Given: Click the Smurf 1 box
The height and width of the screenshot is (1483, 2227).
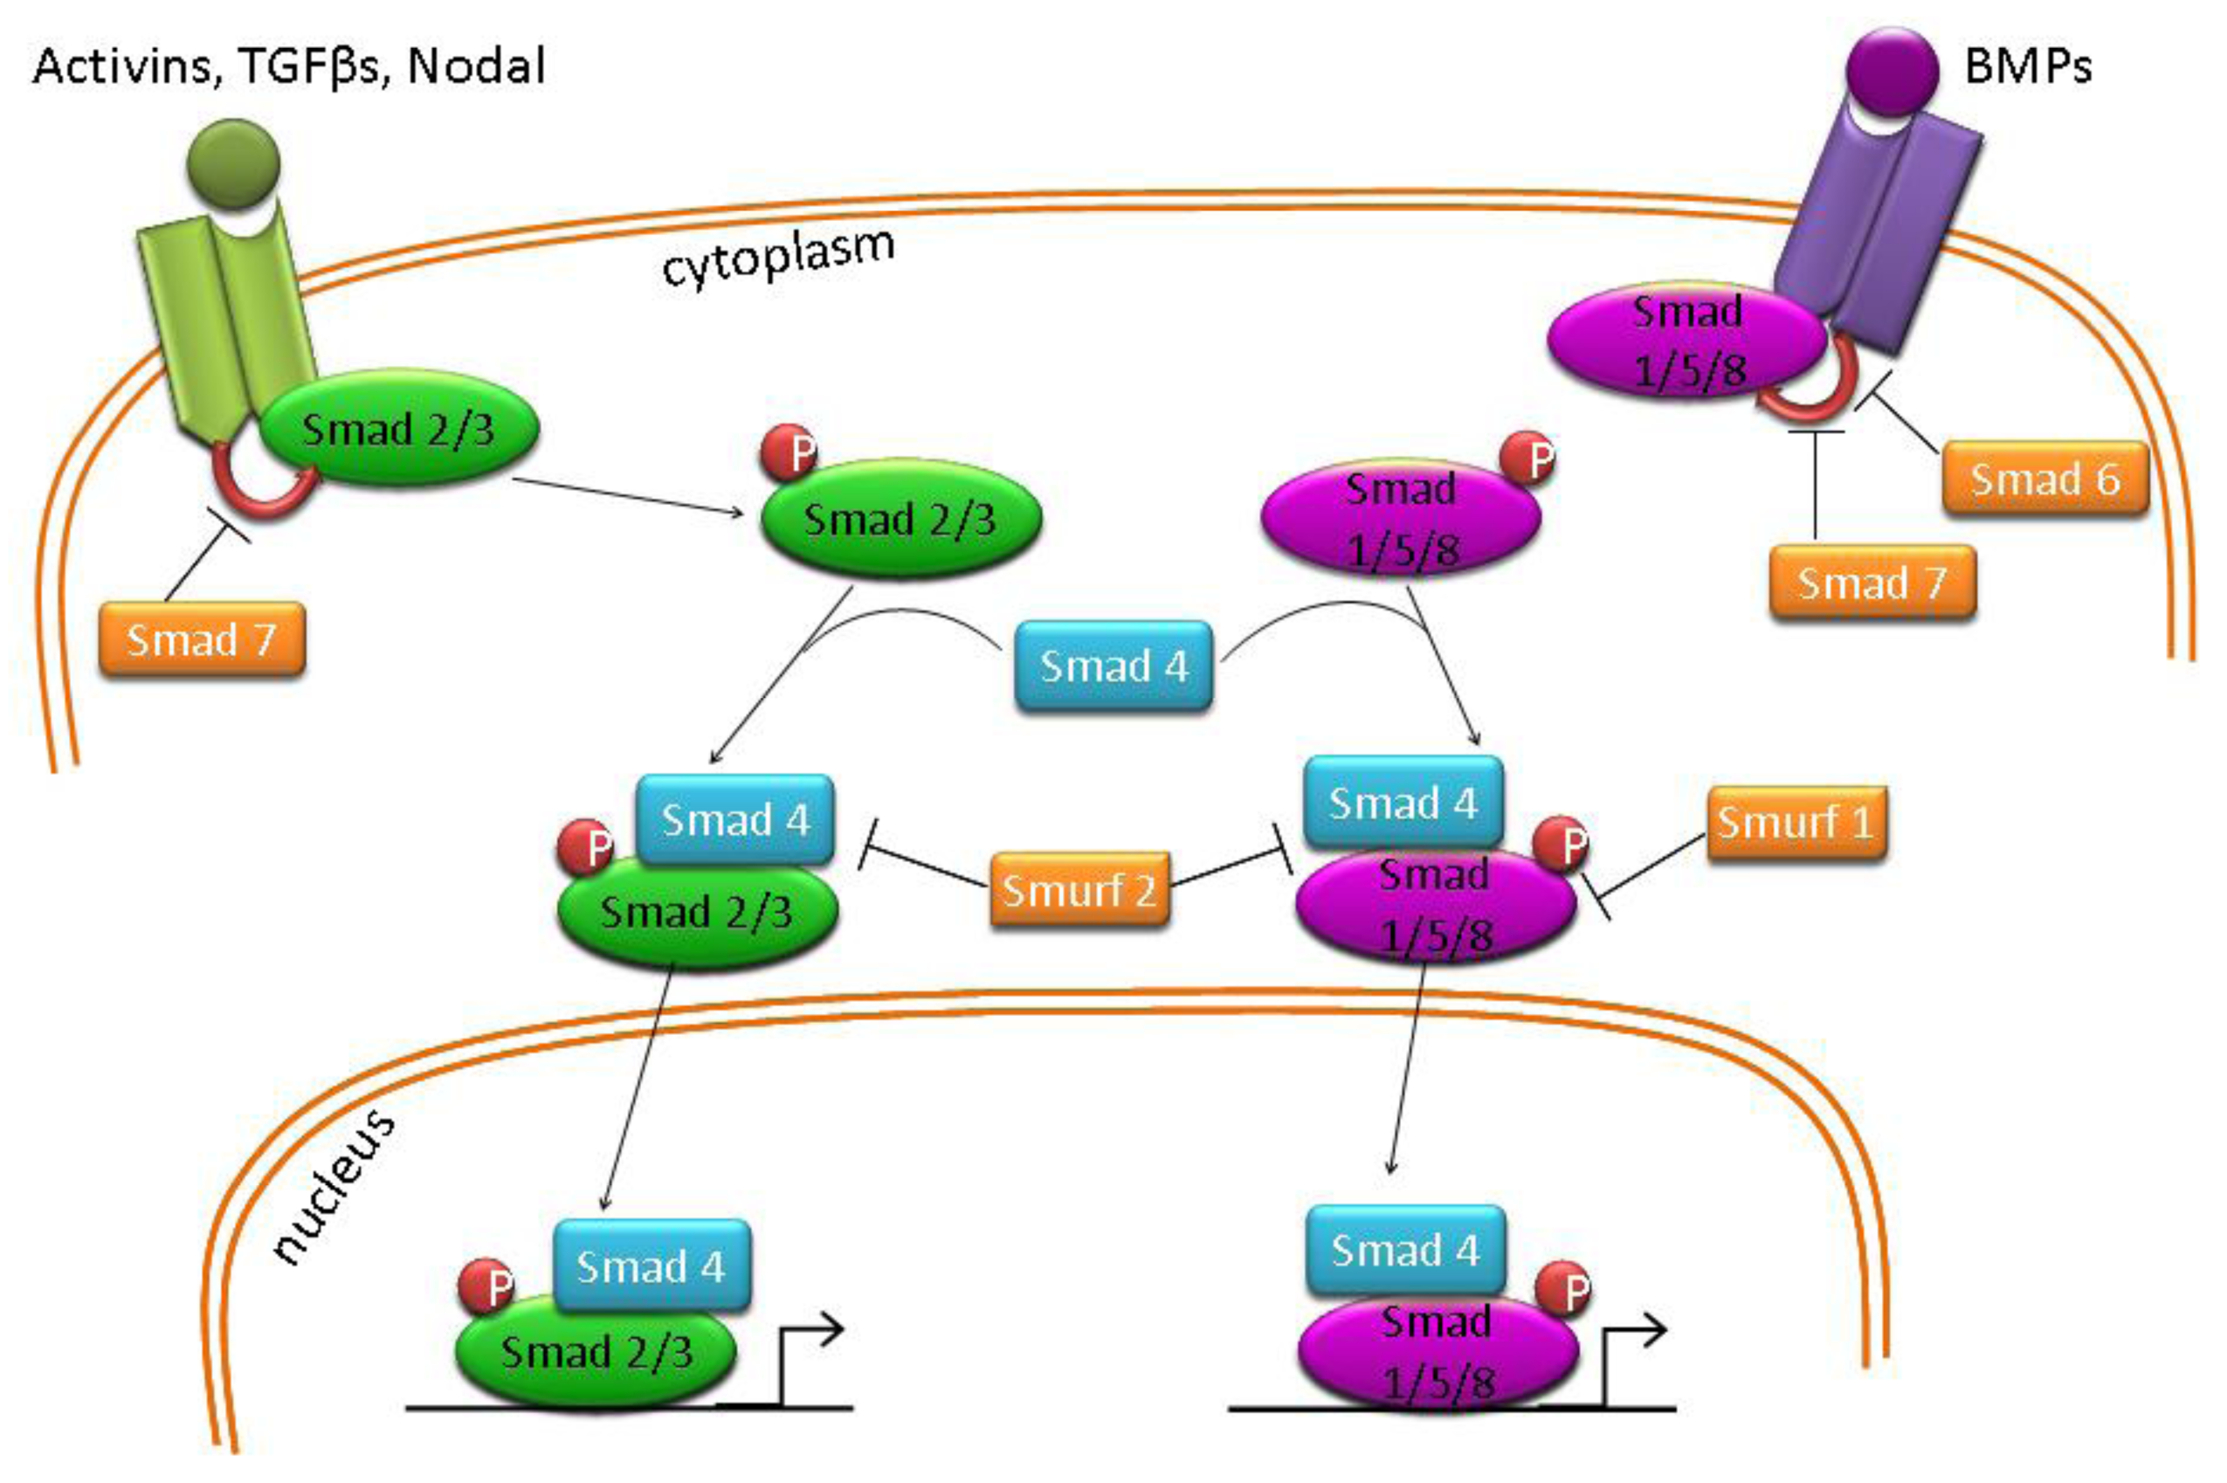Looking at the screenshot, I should click(1795, 822).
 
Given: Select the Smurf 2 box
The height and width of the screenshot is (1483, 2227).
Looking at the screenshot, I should click(1079, 889).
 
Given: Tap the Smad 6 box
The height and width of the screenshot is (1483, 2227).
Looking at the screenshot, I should click(2044, 479).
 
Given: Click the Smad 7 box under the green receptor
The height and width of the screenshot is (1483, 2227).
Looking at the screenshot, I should click(202, 639).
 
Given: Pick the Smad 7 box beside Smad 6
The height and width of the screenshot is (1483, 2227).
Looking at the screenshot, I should click(1872, 583).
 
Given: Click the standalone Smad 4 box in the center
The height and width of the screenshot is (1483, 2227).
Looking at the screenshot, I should click(1113, 666).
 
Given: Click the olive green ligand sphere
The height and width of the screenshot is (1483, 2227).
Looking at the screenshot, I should click(233, 162).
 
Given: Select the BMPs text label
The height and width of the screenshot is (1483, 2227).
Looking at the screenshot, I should click(2028, 66).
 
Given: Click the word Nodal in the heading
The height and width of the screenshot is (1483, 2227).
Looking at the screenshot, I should click(476, 66).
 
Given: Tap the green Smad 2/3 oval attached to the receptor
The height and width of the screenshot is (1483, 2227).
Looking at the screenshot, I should click(398, 429).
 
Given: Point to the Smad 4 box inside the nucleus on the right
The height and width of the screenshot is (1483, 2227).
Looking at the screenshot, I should click(1404, 1251).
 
